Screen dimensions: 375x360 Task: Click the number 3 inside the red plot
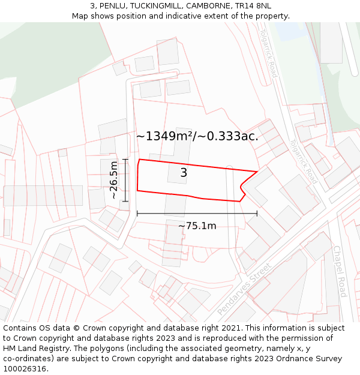pyautogui.click(x=184, y=173)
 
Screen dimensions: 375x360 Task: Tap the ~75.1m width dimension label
pyautogui.click(x=197, y=226)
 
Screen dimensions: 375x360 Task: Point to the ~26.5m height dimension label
pyautogui.click(x=113, y=180)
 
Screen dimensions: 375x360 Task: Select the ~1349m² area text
pyautogui.click(x=164, y=136)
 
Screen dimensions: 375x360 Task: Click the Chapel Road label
pyautogui.click(x=339, y=271)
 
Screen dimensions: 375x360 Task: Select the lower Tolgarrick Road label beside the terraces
pyautogui.click(x=302, y=161)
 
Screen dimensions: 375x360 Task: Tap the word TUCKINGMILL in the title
pyautogui.click(x=154, y=6)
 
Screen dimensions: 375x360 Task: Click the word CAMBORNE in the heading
pyautogui.click(x=208, y=6)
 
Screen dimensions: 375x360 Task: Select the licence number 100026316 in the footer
pyautogui.click(x=25, y=369)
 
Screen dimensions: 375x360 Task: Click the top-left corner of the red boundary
pyautogui.click(x=139, y=160)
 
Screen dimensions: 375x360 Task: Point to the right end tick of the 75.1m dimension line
pyautogui.click(x=257, y=213)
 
